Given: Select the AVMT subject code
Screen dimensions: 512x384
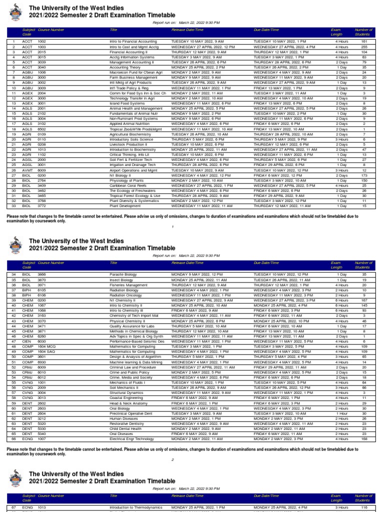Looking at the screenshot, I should tap(27, 170).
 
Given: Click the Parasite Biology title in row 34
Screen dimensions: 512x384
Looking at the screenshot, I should tap(124, 274).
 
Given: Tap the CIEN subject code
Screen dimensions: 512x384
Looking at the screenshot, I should tap(27, 341).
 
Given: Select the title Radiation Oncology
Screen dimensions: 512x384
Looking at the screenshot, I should tap(126, 295).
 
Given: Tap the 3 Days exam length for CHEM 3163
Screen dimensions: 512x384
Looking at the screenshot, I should tap(342, 315).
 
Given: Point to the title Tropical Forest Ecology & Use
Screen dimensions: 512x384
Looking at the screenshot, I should tap(135, 195).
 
